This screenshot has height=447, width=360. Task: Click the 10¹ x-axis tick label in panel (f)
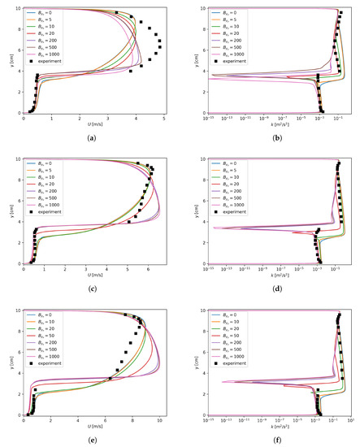pyautogui.click(x=349, y=421)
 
